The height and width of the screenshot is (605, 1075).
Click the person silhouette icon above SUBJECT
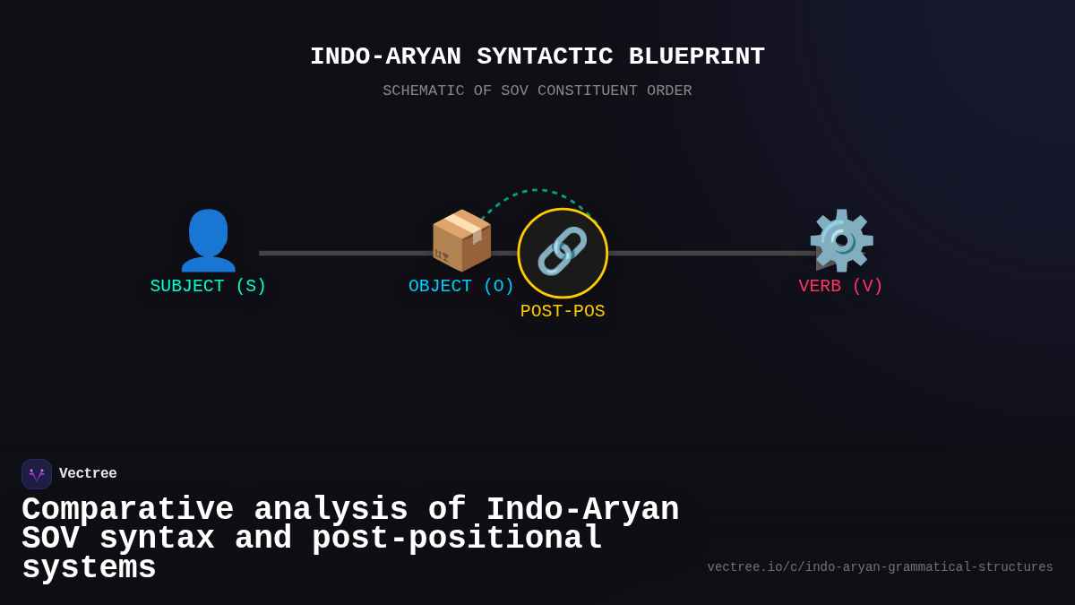click(208, 240)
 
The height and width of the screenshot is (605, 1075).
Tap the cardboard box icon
click(461, 240)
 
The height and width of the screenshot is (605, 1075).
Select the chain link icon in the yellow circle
click(563, 252)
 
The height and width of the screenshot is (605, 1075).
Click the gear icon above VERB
click(841, 240)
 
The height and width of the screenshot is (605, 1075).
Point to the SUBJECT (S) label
click(208, 287)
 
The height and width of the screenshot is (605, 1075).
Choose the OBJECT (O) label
click(461, 287)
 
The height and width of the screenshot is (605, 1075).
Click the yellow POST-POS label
click(563, 312)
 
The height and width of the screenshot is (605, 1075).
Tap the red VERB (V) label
click(840, 287)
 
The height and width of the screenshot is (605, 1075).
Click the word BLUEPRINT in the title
click(696, 56)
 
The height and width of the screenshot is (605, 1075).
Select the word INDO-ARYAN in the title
click(385, 56)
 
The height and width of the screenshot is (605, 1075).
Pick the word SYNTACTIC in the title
click(545, 56)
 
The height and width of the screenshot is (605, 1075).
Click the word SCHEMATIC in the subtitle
click(424, 91)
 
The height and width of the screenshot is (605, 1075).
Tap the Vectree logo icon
click(37, 474)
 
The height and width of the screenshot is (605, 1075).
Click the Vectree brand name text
click(88, 474)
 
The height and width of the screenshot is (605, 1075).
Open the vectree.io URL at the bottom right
click(880, 567)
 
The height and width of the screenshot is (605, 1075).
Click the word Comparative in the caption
click(127, 510)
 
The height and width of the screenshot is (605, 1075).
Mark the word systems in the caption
click(89, 568)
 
